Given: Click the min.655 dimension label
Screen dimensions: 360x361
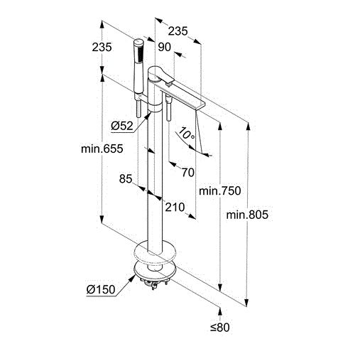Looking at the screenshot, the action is tap(102, 149).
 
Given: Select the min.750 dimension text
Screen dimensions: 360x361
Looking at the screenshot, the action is tap(220, 190).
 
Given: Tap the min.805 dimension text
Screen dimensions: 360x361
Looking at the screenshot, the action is tap(247, 215).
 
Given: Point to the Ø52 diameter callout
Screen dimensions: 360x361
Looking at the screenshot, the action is tap(122, 126).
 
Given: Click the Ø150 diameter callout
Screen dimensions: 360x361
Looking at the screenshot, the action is tap(101, 289).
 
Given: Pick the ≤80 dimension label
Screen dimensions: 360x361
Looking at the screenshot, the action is tap(220, 328).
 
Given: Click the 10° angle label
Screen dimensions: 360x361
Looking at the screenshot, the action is tap(187, 134).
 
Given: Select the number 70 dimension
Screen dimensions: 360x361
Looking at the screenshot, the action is tap(188, 173).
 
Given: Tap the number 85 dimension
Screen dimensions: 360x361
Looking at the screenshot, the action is tap(126, 178).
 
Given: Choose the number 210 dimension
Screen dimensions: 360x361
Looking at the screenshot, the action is tap(175, 208).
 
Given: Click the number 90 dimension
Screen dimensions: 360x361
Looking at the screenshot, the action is tap(164, 47).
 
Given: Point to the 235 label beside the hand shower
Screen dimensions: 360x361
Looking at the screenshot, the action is tap(102, 47).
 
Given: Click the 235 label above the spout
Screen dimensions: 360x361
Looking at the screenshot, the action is tap(178, 31).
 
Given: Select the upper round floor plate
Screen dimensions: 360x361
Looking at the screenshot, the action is tap(155, 252).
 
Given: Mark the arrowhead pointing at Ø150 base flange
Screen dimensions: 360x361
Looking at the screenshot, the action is tap(131, 279).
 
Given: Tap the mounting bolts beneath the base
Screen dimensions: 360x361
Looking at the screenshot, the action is tap(154, 283).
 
